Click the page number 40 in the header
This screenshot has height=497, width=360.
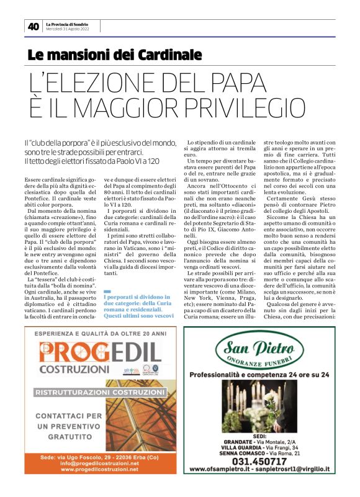32,27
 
